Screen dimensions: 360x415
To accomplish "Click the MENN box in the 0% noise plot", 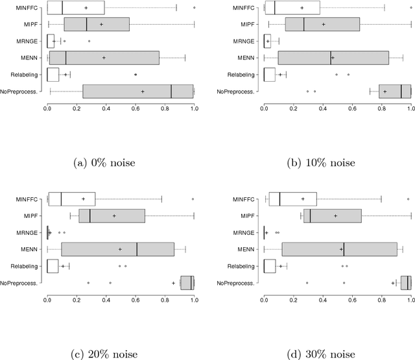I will (104, 58).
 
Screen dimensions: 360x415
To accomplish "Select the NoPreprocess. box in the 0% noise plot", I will (138, 91).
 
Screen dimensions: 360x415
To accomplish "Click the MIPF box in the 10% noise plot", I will (322, 24).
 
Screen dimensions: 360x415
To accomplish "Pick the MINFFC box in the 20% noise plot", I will (71, 198).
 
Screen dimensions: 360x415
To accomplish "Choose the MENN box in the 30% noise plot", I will (339, 248).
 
